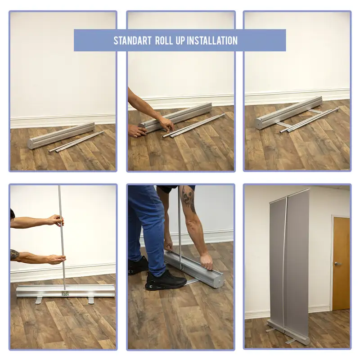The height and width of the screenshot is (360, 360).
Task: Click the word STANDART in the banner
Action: pyautogui.click(x=132, y=40)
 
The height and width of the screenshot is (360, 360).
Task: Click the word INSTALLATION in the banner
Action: pyautogui.click(x=212, y=40)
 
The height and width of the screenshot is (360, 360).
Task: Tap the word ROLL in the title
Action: pyautogui.click(x=164, y=40)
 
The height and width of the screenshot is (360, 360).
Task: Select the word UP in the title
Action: pyautogui.click(x=180, y=40)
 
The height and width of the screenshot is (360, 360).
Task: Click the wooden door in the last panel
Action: pyautogui.click(x=342, y=263)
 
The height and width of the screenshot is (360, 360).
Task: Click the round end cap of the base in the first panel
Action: pyautogui.click(x=31, y=144)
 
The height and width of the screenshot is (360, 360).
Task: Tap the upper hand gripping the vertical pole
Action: pyautogui.click(x=55, y=220)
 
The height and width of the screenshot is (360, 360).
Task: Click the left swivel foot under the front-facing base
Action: pyautogui.click(x=39, y=300)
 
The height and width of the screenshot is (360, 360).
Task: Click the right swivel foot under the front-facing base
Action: pyautogui.click(x=92, y=300)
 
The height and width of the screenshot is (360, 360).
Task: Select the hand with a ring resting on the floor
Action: pyautogui.click(x=136, y=131)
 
